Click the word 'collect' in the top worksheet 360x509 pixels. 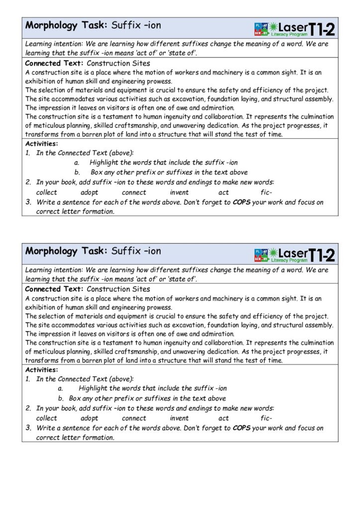click(x=47, y=192)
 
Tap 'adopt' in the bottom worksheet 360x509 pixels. click(x=90, y=418)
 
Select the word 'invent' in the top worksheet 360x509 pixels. click(x=179, y=192)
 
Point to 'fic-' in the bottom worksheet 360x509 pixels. click(x=266, y=418)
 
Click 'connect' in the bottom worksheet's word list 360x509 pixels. click(x=134, y=418)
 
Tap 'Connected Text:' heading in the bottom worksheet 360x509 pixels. click(x=54, y=289)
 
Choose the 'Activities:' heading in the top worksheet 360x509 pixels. click(x=41, y=144)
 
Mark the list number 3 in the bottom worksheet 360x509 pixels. click(x=29, y=427)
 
